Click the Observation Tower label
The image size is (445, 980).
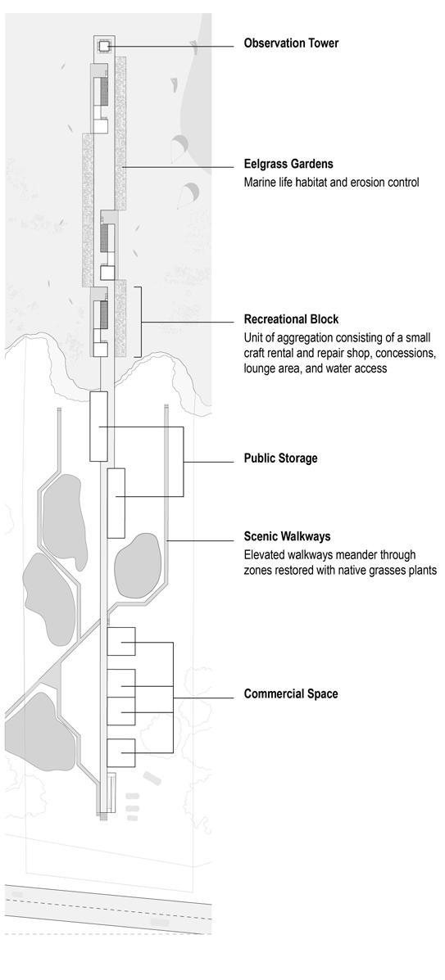point(291,43)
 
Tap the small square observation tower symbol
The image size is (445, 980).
point(104,46)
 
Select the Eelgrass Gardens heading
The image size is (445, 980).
point(288,165)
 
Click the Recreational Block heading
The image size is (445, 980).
point(291,318)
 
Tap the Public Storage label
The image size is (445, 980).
point(280,458)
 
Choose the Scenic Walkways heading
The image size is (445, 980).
point(288,536)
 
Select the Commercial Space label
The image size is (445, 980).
point(291,693)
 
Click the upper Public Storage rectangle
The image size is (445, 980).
point(99,427)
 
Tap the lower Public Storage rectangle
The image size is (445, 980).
point(116,503)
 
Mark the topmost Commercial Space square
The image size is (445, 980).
point(120,641)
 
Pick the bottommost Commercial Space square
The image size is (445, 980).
point(120,752)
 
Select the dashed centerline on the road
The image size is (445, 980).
point(107,910)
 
